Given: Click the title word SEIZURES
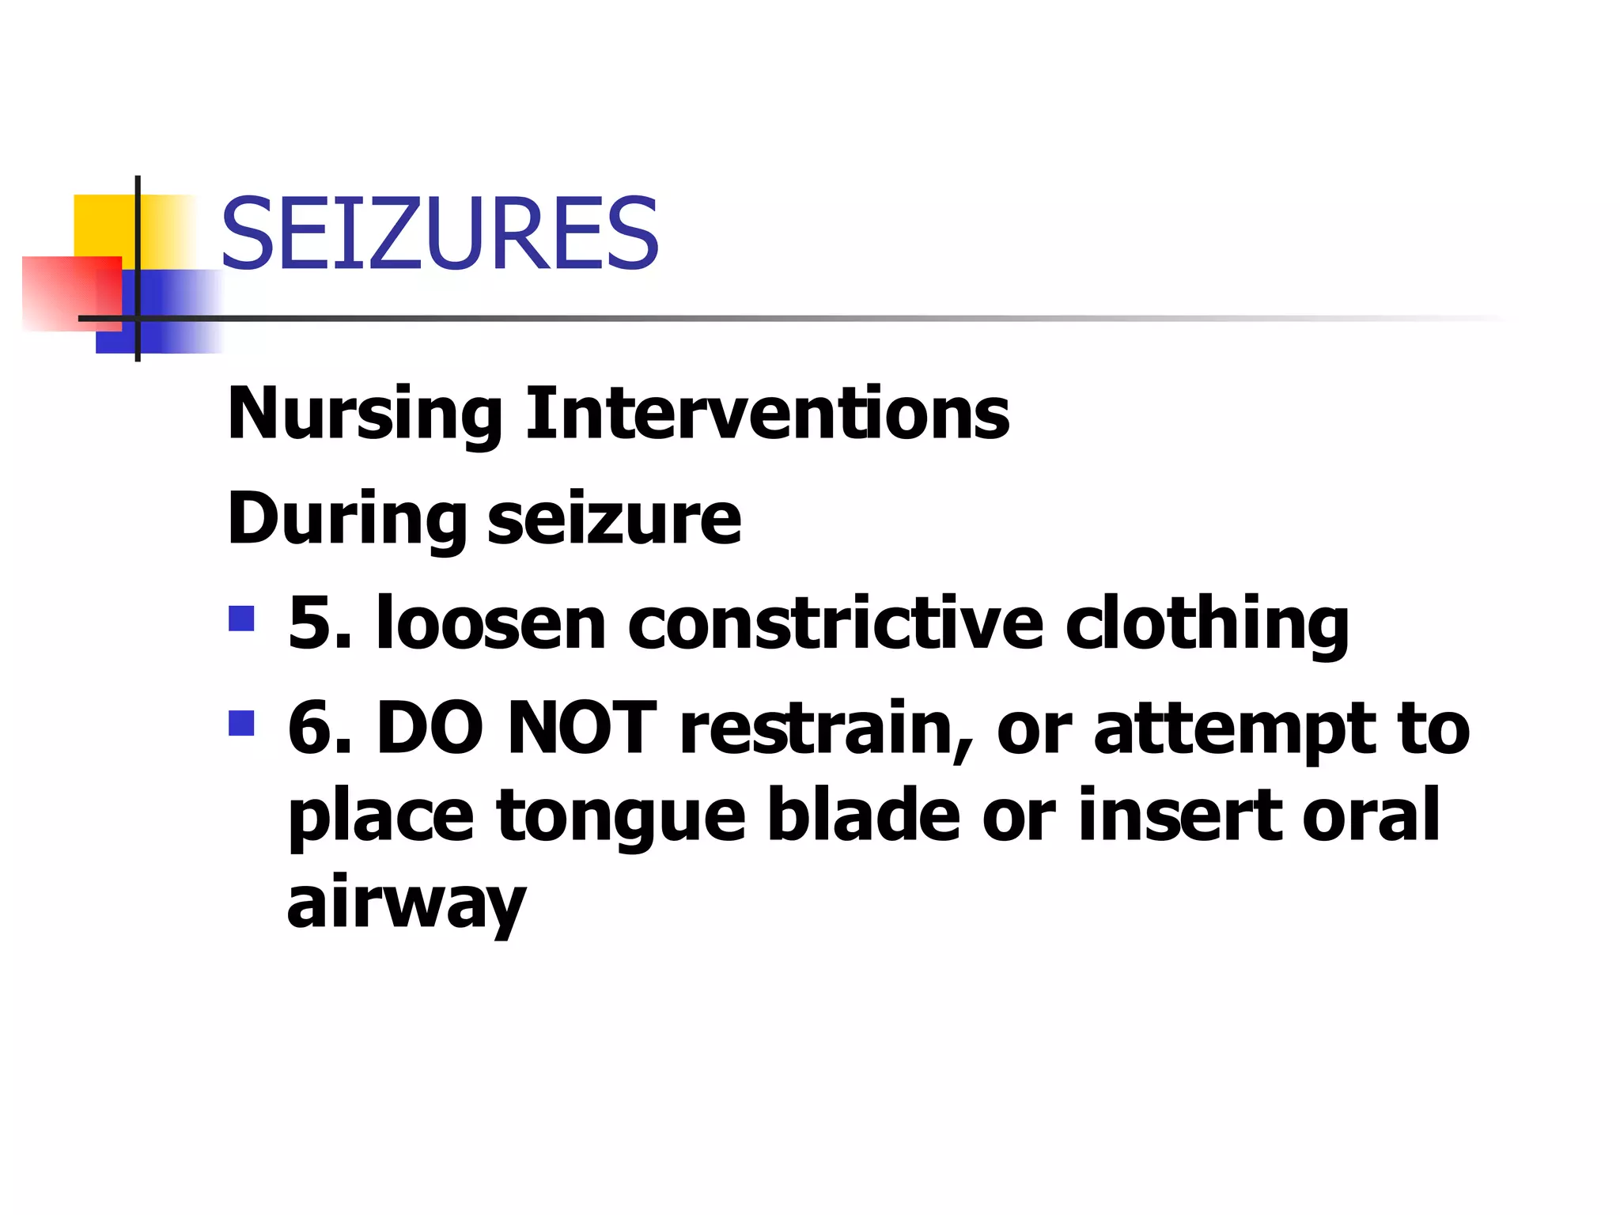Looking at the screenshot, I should pyautogui.click(x=440, y=234).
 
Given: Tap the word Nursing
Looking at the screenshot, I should pyautogui.click(x=365, y=414).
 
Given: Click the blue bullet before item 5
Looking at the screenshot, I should pyautogui.click(x=241, y=619).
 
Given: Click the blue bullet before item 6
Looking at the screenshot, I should pyautogui.click(x=241, y=723).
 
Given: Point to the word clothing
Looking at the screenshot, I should pyautogui.click(x=1207, y=625).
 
